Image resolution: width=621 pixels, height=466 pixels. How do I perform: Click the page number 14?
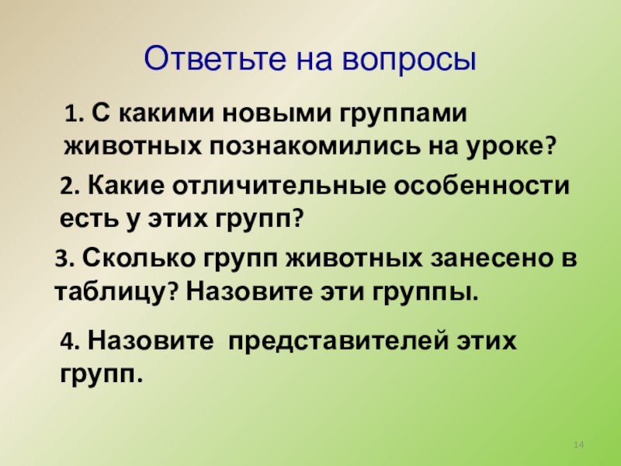click(578, 443)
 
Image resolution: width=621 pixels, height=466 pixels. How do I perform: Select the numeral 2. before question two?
click(69, 187)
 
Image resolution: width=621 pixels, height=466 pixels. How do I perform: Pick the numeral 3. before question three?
click(64, 260)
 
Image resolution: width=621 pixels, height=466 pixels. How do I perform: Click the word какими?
click(162, 114)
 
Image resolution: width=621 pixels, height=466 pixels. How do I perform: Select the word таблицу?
click(117, 293)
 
